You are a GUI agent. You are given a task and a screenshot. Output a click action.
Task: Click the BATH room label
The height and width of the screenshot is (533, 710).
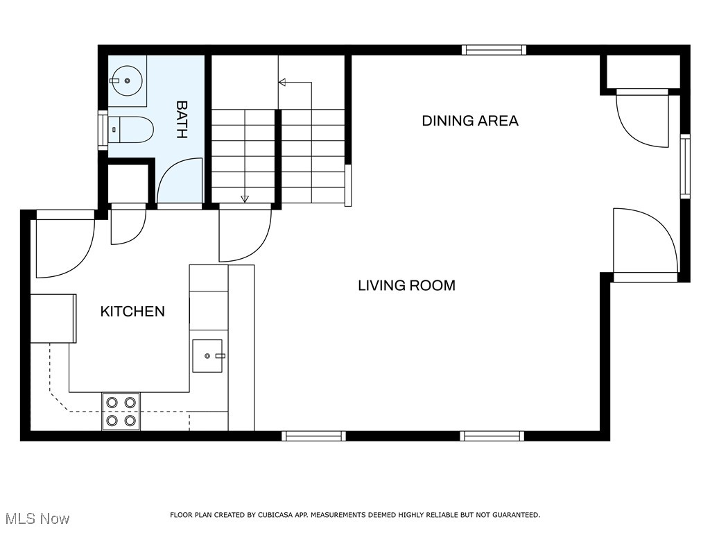tap(182, 119)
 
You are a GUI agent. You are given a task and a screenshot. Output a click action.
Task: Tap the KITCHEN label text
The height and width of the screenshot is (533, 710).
tap(132, 312)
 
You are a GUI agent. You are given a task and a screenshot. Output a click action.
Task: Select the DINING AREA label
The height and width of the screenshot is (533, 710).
tap(470, 121)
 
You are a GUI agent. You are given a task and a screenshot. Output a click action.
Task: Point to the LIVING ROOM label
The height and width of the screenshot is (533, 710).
tap(406, 285)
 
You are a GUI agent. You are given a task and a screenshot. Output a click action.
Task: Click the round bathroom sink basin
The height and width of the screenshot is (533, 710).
tap(128, 81)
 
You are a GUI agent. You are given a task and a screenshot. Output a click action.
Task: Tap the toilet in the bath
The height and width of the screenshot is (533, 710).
tap(131, 130)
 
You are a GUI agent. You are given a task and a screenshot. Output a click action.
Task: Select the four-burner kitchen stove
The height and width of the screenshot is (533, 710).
tap(121, 412)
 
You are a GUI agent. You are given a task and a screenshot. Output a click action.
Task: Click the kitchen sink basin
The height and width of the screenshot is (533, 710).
tap(207, 356)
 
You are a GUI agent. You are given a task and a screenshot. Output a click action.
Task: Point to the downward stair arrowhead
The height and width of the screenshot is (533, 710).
tap(245, 198)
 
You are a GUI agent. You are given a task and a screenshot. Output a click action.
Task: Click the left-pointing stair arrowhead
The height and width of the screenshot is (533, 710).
tap(282, 82)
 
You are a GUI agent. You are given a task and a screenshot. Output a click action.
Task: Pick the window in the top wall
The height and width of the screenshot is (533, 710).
tap(494, 50)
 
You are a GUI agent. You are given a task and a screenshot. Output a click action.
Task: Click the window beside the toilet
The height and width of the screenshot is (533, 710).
tap(103, 130)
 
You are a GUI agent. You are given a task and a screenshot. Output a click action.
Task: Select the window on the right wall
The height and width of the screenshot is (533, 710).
tap(686, 167)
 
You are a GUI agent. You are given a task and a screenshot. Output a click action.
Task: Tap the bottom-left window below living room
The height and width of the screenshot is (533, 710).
tap(314, 436)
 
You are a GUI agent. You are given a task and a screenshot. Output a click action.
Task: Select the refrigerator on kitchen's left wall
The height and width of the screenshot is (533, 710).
tap(53, 318)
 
